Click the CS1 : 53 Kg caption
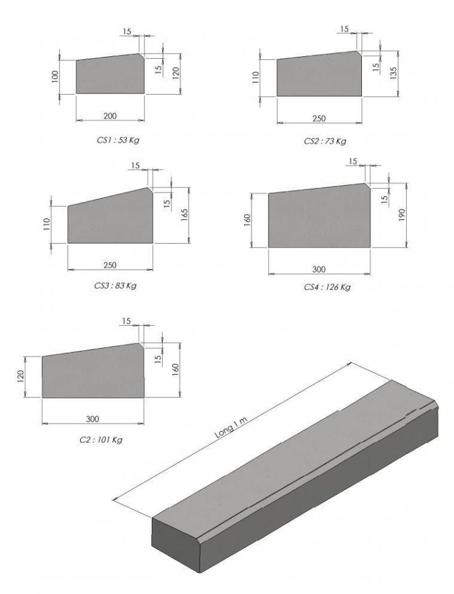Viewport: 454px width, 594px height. (118, 140)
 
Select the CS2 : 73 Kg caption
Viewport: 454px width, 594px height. (325, 141)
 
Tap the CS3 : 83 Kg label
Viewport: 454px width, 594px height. (115, 285)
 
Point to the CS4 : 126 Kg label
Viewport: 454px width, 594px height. (327, 287)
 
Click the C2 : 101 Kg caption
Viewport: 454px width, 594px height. (101, 440)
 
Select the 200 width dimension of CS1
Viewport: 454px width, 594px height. (110, 116)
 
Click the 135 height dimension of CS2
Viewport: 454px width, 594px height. (393, 73)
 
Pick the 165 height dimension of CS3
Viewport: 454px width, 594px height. (185, 215)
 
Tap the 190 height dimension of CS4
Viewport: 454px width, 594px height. (402, 215)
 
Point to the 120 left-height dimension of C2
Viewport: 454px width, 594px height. (21, 377)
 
